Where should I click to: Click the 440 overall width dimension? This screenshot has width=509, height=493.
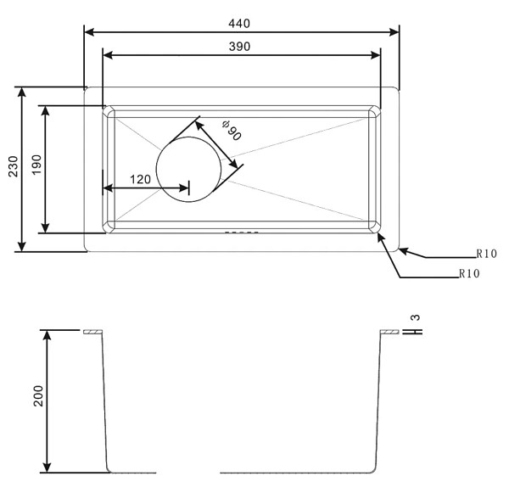point(239,24)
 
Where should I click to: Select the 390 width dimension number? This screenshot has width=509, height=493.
point(239,47)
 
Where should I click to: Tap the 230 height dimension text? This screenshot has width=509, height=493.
point(14,166)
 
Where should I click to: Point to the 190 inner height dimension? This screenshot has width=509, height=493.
point(36,165)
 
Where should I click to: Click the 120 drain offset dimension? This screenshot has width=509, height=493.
point(140,179)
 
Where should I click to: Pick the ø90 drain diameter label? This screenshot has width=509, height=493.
point(232,131)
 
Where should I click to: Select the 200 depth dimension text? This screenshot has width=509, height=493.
point(38,395)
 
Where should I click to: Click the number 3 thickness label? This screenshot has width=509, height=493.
point(415,317)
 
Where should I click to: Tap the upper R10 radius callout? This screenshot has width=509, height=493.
point(486,254)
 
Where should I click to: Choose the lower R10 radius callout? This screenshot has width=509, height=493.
point(469,274)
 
